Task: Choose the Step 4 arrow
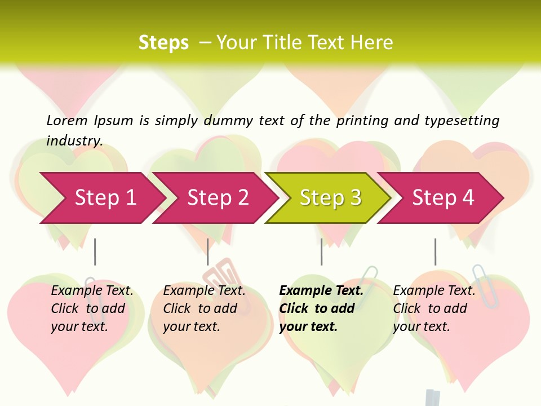click(442, 197)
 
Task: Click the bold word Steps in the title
click(163, 43)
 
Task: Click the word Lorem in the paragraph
click(67, 120)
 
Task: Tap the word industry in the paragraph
click(74, 140)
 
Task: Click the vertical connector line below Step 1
click(95, 251)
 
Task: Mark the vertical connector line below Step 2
click(208, 251)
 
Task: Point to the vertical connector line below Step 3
click(322, 251)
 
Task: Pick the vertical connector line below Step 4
click(435, 251)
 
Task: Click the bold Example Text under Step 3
click(321, 290)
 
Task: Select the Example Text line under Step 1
click(92, 290)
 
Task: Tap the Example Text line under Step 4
click(434, 290)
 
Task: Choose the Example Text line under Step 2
click(204, 290)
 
